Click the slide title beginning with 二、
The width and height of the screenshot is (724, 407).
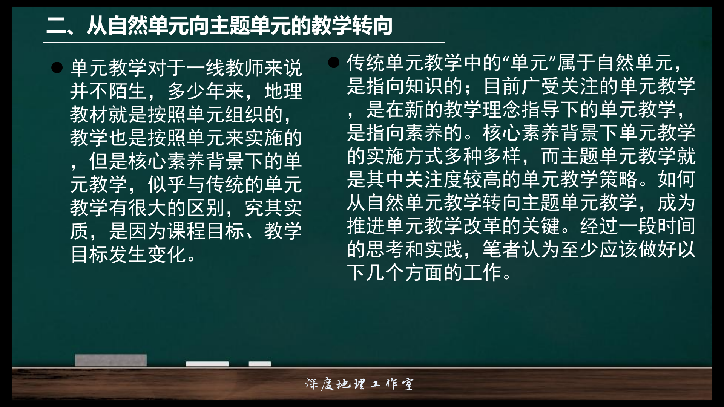(x=219, y=26)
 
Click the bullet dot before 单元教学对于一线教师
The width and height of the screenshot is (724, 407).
(x=57, y=68)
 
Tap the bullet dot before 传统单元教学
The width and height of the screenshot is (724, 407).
(x=334, y=62)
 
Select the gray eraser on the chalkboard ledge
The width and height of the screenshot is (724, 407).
(x=110, y=360)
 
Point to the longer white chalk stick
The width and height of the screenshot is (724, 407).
(x=207, y=364)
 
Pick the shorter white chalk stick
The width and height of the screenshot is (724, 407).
(x=260, y=364)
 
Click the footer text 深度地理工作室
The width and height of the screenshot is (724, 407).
(x=359, y=384)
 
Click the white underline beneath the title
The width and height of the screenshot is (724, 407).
(x=244, y=43)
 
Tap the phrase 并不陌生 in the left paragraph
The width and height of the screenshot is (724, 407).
(x=109, y=92)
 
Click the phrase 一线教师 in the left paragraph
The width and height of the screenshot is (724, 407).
(x=225, y=68)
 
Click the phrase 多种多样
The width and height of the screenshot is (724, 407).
(x=483, y=156)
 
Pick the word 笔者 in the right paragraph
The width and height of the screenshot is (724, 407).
(x=502, y=249)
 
